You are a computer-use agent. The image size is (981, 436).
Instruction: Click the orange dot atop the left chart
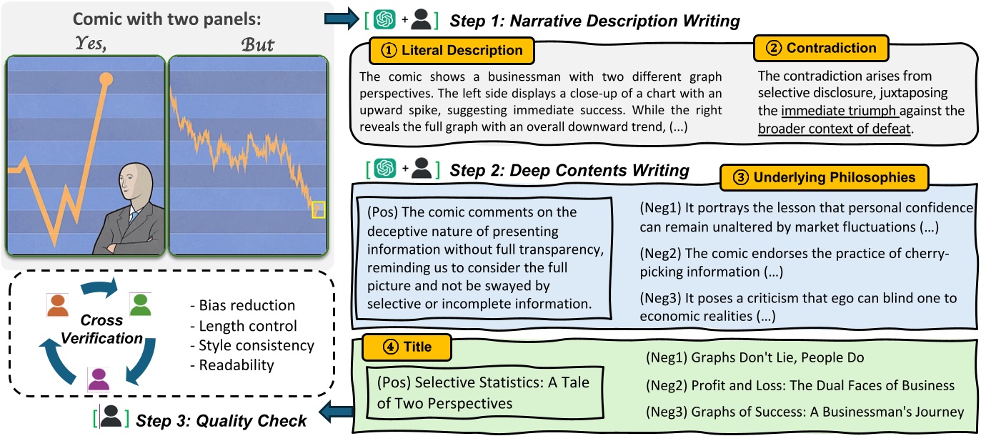point(106,77)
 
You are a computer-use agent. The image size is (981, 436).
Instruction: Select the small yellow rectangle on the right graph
point(318,209)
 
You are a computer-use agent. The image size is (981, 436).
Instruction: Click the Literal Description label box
point(452,51)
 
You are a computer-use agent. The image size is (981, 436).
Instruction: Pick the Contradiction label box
point(821,49)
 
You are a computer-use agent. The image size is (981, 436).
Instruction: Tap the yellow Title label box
point(407,347)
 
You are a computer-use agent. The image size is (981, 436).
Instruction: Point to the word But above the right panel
point(258,44)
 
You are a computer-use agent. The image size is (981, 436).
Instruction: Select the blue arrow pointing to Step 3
point(336,410)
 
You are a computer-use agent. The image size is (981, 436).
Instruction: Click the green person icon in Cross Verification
point(141,304)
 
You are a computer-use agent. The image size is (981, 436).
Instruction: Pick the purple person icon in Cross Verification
point(99,377)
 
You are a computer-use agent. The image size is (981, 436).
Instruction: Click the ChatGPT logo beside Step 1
point(387,19)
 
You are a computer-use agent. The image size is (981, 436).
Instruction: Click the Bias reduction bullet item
point(238,305)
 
